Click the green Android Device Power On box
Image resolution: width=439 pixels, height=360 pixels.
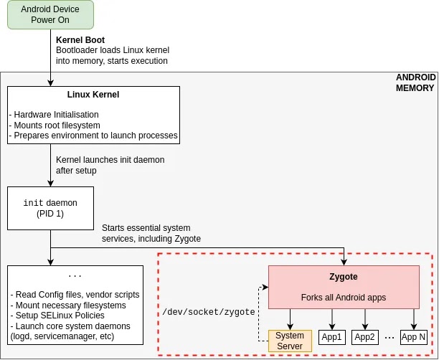50,15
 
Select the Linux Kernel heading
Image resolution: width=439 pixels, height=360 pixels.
93,94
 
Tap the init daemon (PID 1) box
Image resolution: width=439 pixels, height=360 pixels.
50,208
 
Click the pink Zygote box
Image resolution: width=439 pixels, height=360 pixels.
344,287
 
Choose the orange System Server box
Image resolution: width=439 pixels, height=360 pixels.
290,341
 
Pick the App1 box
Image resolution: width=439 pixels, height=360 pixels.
332,337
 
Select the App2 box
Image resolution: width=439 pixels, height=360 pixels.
365,337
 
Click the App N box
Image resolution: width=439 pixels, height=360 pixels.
413,337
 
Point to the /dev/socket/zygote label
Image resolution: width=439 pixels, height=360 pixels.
209,312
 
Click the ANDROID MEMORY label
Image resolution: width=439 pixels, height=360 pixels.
415,82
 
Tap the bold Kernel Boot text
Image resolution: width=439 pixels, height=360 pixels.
79,39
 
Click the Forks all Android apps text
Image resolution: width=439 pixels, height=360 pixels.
344,297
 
